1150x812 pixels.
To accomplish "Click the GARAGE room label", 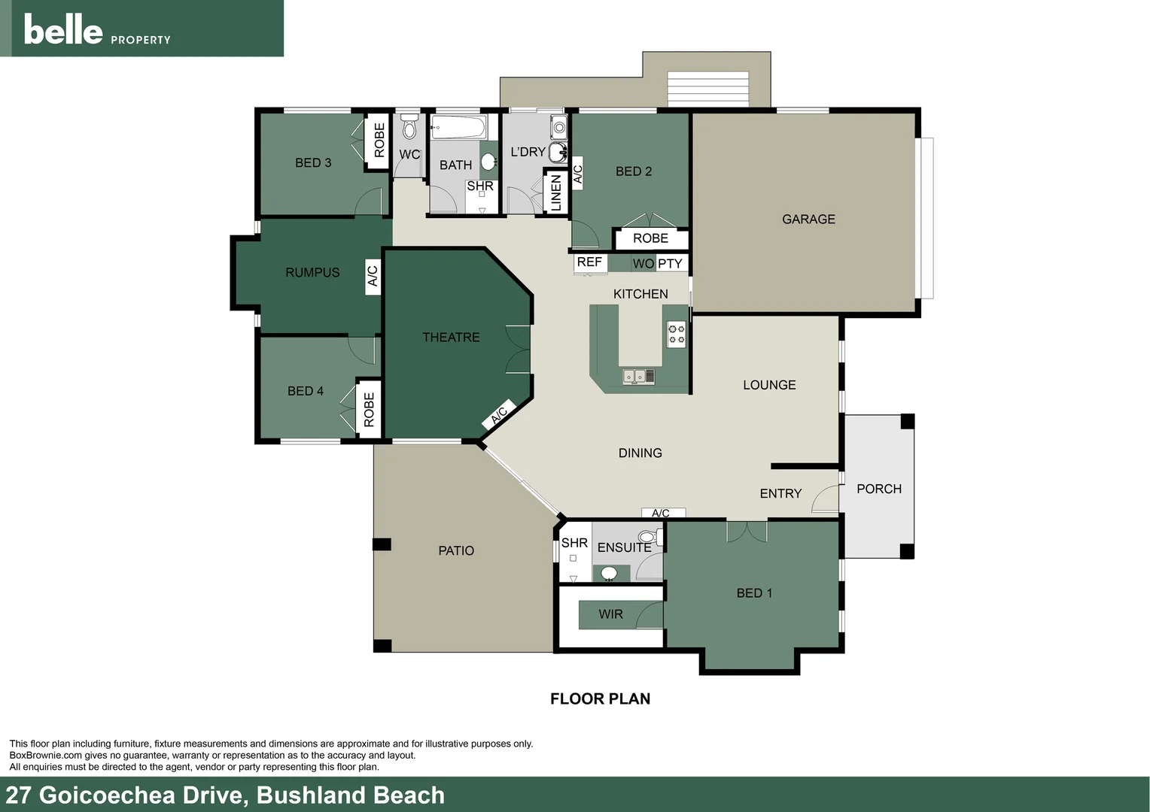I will tap(808, 220).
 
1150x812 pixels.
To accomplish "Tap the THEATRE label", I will tap(451, 338).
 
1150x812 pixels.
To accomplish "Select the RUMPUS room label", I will tap(312, 273).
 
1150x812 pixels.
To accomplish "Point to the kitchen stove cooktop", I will tap(677, 334).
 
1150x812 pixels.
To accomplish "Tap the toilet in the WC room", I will tap(409, 128).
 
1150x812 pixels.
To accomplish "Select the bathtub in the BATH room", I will tap(458, 127).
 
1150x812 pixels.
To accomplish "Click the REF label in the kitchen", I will tap(589, 262).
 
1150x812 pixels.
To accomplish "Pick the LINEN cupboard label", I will tap(556, 192).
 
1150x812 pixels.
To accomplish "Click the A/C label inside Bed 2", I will tap(578, 174).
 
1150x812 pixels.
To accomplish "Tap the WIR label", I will tap(610, 614).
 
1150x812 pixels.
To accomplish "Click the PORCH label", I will tap(878, 489).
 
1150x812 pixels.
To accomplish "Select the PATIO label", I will tap(456, 551).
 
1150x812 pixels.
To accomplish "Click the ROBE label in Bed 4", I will tap(369, 410).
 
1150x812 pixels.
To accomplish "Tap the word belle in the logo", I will tap(63, 30).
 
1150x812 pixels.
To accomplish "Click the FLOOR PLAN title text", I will tap(600, 699).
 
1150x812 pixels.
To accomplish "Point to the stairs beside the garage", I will tap(707, 89).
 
